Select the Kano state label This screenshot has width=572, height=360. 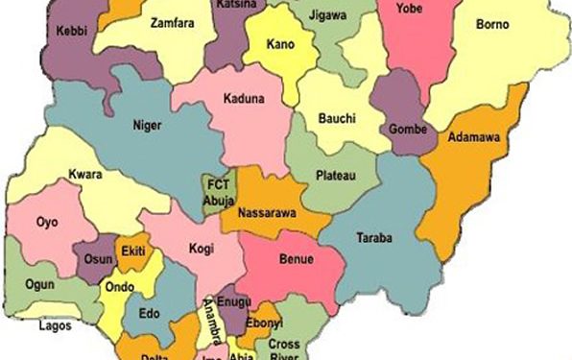282,45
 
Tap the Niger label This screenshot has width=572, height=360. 146,123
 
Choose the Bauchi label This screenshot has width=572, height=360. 338,118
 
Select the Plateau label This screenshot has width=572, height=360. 335,175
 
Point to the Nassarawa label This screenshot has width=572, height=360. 266,212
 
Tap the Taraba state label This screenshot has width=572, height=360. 374,237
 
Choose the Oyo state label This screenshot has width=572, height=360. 47,222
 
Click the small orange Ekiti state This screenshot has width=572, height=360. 131,252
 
